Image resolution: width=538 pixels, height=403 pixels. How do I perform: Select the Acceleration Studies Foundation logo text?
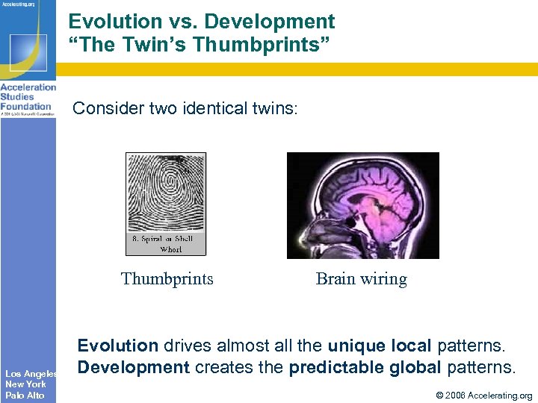28,97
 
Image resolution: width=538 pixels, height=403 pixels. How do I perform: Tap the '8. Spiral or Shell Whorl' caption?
166,244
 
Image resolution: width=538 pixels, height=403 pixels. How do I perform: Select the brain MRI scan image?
363,205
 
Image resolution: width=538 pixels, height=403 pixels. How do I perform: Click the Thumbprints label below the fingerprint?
167,279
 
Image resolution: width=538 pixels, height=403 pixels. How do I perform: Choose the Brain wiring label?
362,279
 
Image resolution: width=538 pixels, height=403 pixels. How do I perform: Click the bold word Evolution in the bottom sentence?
118,346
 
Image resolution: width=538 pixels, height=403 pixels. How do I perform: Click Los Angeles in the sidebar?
29,373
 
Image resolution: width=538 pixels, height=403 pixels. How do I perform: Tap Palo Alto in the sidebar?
25,395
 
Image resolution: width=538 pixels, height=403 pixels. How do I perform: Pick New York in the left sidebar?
25,384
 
